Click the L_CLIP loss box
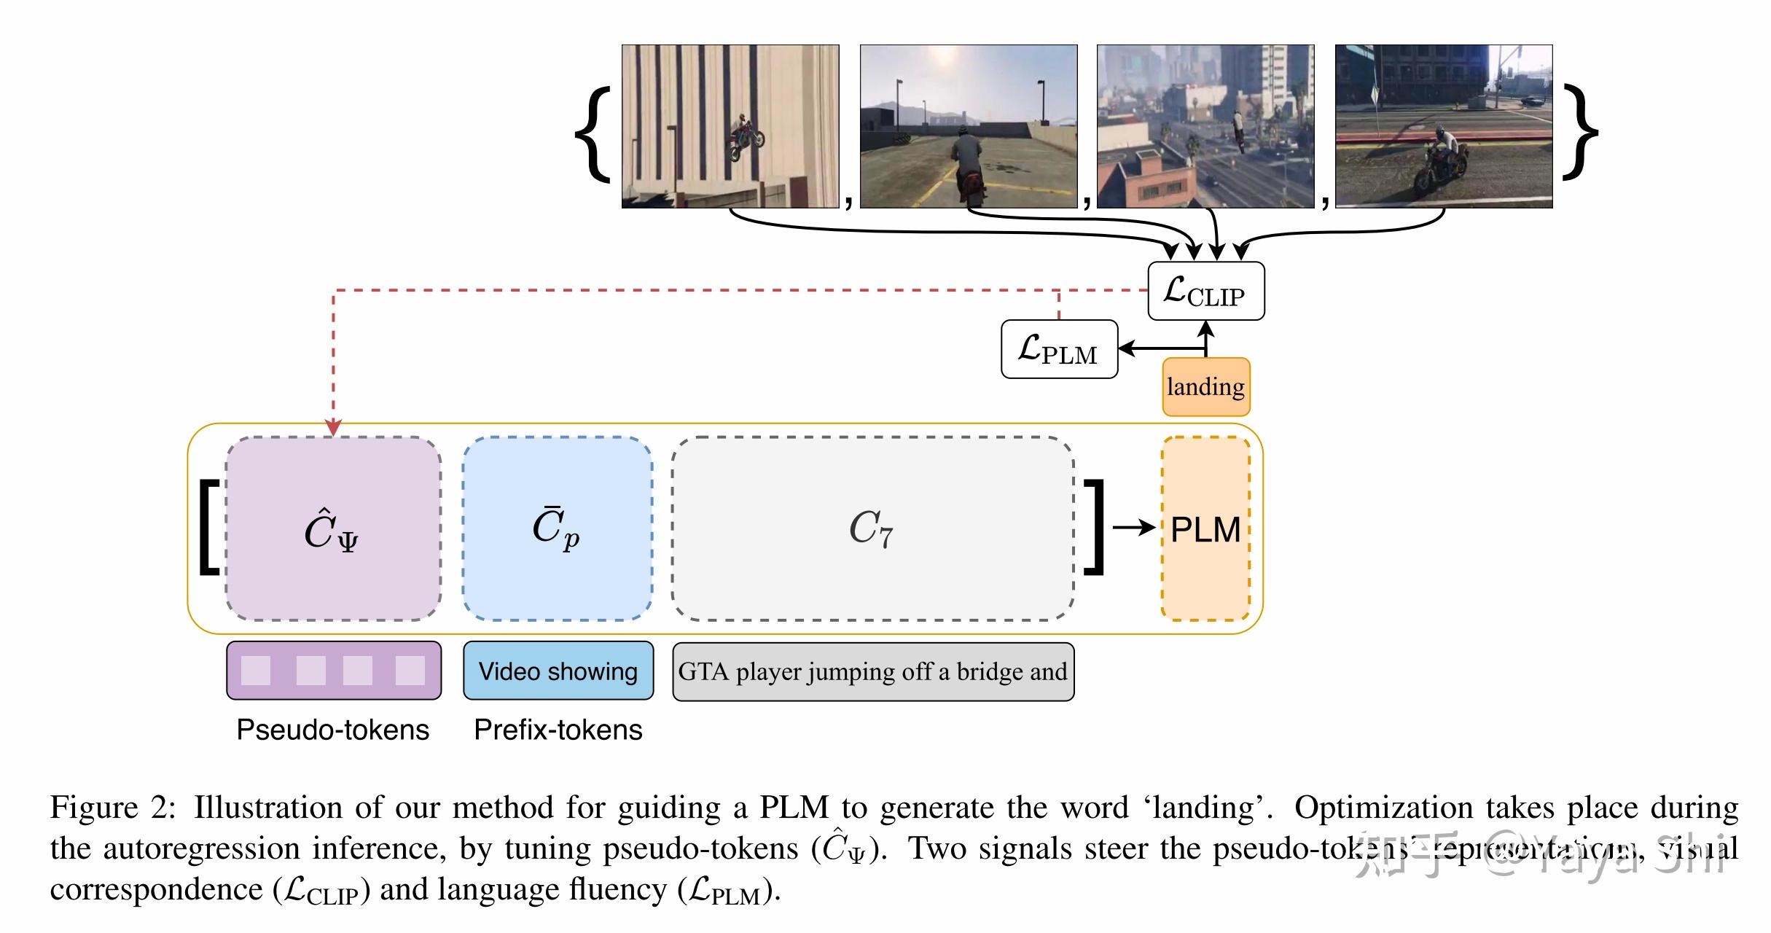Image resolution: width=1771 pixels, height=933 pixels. [x=1205, y=291]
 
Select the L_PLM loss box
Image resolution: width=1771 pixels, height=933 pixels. [x=1059, y=349]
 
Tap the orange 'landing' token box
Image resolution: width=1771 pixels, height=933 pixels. [x=1205, y=387]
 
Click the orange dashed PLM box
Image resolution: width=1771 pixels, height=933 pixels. [x=1205, y=529]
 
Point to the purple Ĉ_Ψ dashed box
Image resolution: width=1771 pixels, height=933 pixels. [x=333, y=529]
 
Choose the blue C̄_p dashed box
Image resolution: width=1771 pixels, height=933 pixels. [x=557, y=529]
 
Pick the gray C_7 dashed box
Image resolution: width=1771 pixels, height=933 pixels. [x=872, y=529]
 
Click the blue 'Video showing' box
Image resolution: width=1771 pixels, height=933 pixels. [x=558, y=671]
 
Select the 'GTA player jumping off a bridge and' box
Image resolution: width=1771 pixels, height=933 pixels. [x=872, y=671]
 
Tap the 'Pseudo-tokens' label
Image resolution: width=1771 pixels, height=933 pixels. [x=333, y=730]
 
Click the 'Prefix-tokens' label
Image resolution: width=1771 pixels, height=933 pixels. [x=558, y=730]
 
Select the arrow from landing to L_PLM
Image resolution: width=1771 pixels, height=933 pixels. [x=1159, y=348]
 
